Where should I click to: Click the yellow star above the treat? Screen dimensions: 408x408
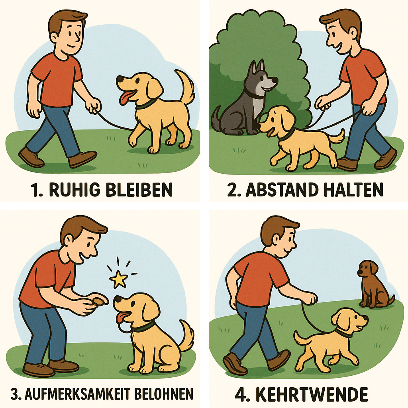coord(119,279)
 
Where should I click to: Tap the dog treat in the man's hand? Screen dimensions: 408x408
coord(98,301)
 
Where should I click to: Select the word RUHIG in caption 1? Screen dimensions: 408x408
coord(75,189)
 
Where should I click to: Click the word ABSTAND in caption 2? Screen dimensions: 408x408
coord(282,189)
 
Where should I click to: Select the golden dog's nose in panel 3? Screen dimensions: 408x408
coord(117,299)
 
